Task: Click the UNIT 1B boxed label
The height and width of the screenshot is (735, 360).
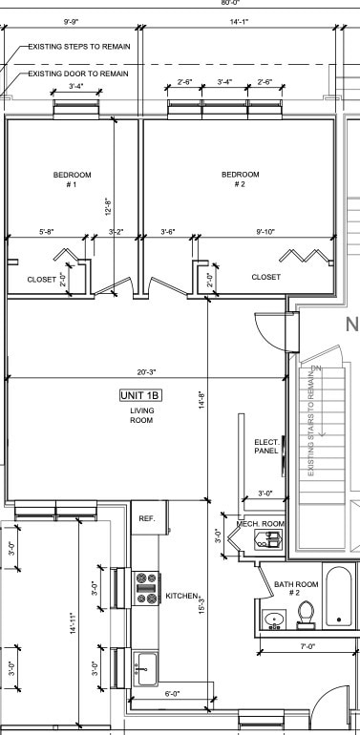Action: tap(141, 395)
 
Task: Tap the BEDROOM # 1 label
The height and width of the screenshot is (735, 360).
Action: tap(72, 178)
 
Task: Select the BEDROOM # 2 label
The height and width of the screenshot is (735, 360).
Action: tap(240, 178)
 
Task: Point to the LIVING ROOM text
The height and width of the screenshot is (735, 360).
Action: tap(141, 415)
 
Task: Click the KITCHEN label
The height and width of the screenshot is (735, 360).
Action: tap(181, 596)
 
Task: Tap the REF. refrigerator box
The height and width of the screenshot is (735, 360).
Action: tap(147, 518)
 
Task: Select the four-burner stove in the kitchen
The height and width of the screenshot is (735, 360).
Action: tap(145, 587)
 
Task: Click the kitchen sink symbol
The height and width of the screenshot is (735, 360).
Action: tap(144, 665)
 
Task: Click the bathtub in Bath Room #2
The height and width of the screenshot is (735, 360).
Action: tap(340, 597)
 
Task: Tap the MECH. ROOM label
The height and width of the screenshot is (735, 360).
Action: tap(260, 524)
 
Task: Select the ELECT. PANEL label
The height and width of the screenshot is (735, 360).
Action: tap(265, 447)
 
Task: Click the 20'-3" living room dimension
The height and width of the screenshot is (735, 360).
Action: tap(147, 372)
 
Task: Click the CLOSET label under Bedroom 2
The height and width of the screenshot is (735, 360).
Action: tap(265, 277)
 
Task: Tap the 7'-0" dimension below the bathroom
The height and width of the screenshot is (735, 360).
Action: tap(307, 646)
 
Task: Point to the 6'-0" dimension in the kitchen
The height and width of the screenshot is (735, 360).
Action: tap(173, 694)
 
